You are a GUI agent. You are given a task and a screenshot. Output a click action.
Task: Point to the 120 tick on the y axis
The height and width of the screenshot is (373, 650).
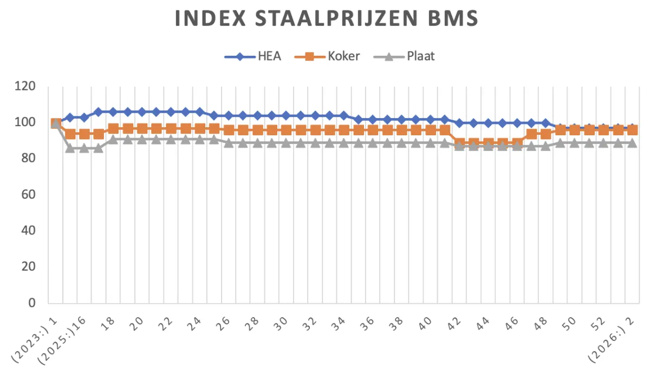click(25, 87)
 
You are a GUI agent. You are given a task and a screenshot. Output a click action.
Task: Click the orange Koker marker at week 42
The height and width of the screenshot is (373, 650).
click(459, 143)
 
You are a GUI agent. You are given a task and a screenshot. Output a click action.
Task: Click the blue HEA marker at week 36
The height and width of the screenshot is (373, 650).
click(373, 119)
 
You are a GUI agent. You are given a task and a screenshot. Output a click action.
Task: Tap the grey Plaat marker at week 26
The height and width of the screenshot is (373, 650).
click(228, 143)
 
